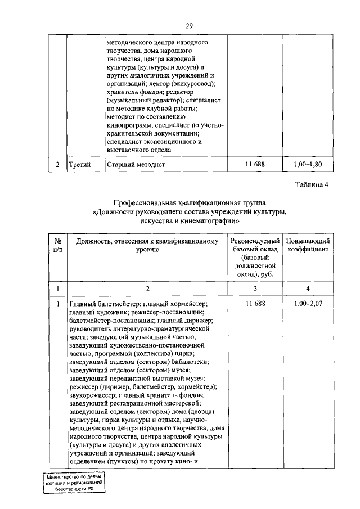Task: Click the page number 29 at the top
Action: click(x=190, y=25)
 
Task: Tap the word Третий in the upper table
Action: click(x=79, y=164)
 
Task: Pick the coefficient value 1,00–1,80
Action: click(x=309, y=164)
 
